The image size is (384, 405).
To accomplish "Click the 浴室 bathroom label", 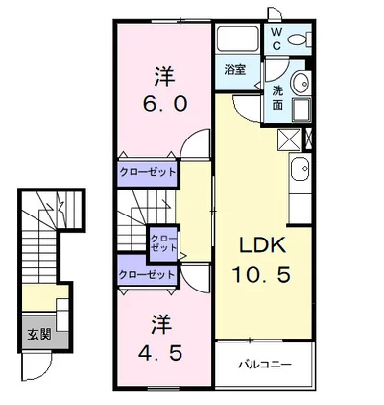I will click(x=236, y=70).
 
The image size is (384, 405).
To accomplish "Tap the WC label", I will click(x=276, y=38).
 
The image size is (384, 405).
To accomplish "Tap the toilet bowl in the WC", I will click(x=300, y=39).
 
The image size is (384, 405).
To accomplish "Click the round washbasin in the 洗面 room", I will click(x=300, y=83).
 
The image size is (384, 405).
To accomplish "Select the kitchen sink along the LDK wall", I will click(x=300, y=174).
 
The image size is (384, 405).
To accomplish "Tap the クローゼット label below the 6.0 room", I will click(x=147, y=172).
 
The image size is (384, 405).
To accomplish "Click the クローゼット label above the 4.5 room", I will click(x=147, y=274).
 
